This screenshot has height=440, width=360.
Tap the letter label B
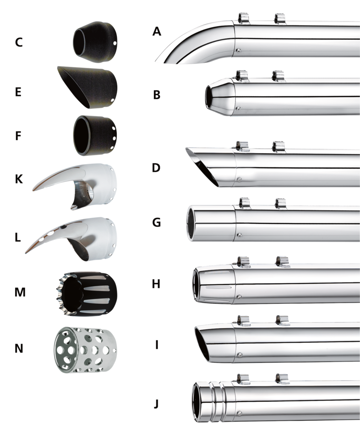[157, 95]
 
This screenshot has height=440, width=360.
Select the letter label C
[19, 43]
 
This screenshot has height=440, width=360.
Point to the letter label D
[157, 167]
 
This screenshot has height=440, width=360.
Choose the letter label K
[19, 179]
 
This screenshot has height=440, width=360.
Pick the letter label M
[19, 291]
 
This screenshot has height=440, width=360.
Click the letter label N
[19, 348]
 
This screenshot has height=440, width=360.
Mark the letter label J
[157, 404]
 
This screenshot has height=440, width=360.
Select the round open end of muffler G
[192, 223]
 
